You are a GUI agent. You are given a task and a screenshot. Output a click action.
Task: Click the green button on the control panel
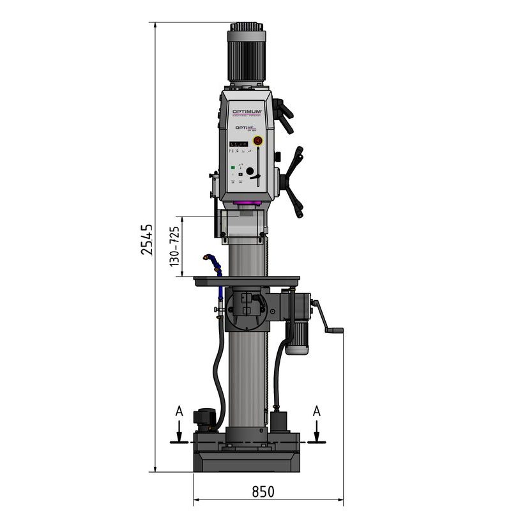pos(233,169)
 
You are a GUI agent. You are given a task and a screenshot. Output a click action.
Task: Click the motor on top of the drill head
pos(246,54)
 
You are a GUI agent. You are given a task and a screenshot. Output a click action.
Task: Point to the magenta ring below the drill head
pos(247,204)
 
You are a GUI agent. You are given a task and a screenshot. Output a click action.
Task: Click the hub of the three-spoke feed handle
pos(296,179)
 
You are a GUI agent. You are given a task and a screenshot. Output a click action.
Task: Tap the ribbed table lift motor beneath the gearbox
pos(296,335)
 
